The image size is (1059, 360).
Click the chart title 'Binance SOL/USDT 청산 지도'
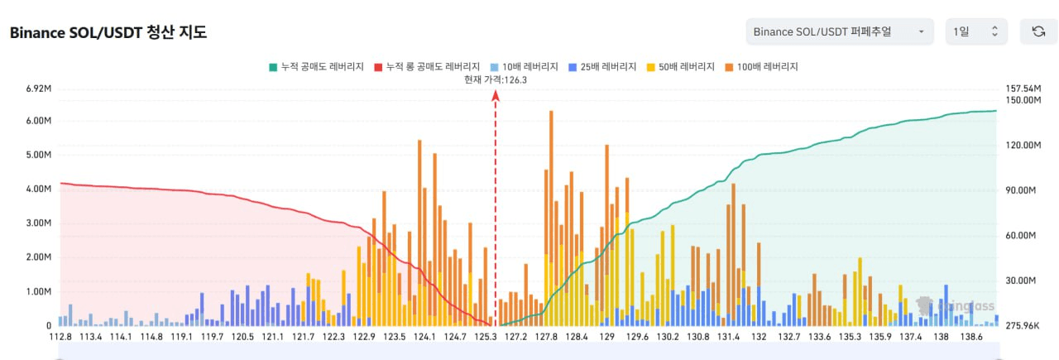[x=108, y=33]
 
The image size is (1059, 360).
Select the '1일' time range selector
[x=976, y=31]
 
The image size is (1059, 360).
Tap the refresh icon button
[x=1038, y=31]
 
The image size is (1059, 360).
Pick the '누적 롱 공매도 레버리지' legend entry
[x=428, y=66]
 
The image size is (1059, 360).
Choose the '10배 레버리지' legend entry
[x=524, y=66]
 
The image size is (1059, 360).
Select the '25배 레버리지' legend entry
[x=601, y=66]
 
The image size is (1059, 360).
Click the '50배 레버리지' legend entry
[x=679, y=66]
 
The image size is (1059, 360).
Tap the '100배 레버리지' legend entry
[x=760, y=66]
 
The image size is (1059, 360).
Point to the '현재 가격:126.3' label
[x=496, y=79]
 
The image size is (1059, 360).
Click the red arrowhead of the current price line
[x=496, y=95]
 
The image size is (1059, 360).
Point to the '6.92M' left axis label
[x=39, y=89]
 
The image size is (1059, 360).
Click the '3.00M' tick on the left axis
[x=39, y=223]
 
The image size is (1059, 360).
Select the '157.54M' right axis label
[x=1022, y=89]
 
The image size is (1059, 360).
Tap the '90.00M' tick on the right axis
[x=1022, y=190]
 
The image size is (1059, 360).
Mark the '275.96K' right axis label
[x=1022, y=326]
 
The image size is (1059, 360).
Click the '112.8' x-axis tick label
[x=60, y=337]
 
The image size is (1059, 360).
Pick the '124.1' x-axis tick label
[x=424, y=337]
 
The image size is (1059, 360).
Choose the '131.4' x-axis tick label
[x=728, y=337]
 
